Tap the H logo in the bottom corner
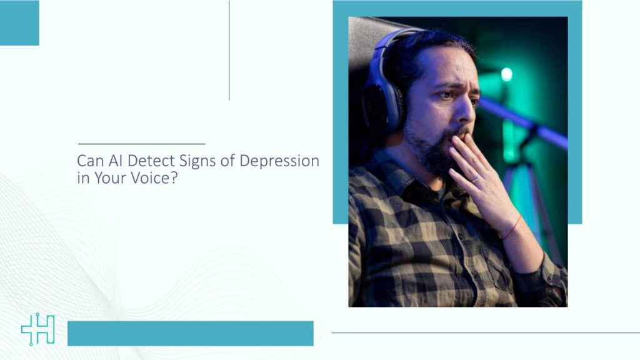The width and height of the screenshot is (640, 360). point(37,330)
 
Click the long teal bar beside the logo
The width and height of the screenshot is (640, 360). point(190,333)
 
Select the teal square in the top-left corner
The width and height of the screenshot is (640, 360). point(19,22)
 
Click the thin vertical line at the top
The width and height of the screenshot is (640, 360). point(229,50)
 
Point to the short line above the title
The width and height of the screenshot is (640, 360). point(141,144)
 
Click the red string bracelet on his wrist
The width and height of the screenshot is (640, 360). point(511,228)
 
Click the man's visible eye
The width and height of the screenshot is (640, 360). point(444,96)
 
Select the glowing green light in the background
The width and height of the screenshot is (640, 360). point(506,74)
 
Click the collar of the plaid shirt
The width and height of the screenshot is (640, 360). point(400,172)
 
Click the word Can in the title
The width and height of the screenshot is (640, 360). point(88,161)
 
